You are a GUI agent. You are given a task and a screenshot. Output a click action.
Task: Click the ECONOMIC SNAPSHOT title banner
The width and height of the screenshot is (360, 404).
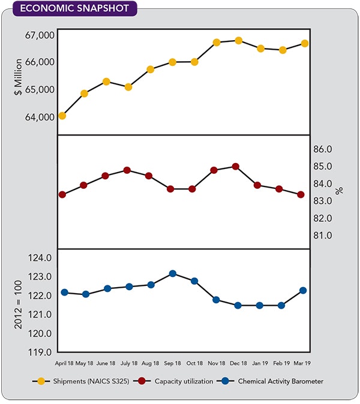71,10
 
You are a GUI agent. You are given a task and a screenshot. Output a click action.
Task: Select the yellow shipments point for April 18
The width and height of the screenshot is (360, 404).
62,116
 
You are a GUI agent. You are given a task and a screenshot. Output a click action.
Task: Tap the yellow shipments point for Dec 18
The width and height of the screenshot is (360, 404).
238,41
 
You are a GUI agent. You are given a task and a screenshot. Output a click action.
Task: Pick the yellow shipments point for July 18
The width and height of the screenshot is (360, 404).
128,87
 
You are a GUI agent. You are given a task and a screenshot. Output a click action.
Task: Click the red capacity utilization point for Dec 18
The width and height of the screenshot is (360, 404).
236,166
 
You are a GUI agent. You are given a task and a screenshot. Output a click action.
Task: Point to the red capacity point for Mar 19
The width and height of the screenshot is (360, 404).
301,194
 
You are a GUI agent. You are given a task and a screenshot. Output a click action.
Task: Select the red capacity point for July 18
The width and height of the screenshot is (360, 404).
127,170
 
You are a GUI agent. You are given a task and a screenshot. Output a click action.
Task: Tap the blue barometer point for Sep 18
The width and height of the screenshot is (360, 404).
173,273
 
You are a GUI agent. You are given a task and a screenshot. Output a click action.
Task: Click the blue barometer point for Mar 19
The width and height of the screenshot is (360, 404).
303,290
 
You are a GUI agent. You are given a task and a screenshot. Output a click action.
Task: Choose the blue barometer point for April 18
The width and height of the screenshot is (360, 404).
64,292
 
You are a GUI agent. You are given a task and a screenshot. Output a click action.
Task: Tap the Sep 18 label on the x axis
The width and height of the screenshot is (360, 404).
173,363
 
